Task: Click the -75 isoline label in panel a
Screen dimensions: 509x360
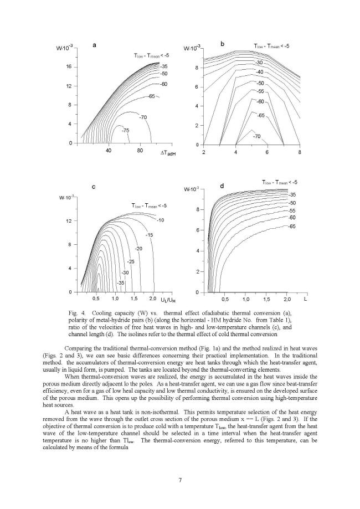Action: pos(126,130)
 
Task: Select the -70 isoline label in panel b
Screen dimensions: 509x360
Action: pos(256,136)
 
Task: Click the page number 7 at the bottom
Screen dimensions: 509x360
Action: pos(180,479)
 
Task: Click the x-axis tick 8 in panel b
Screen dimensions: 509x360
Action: pos(300,152)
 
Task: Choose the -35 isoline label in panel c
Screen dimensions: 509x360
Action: pos(121,283)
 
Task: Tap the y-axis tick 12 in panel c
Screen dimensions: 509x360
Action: pos(69,221)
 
